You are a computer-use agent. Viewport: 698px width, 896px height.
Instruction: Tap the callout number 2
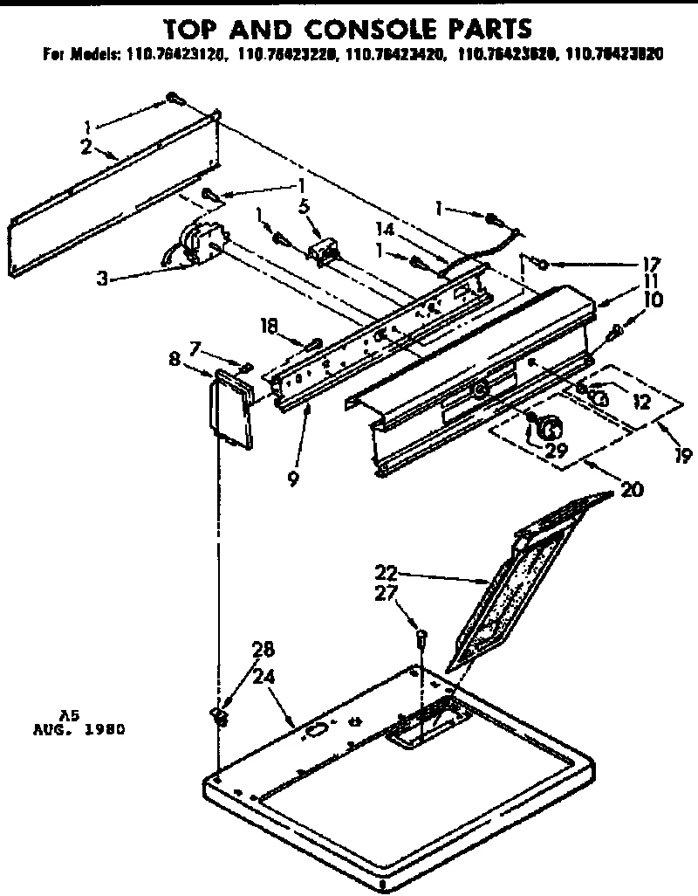(86, 147)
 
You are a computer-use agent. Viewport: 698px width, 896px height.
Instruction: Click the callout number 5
(304, 208)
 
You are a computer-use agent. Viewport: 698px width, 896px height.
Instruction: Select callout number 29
(555, 451)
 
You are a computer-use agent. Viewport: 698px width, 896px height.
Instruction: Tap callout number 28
(263, 650)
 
